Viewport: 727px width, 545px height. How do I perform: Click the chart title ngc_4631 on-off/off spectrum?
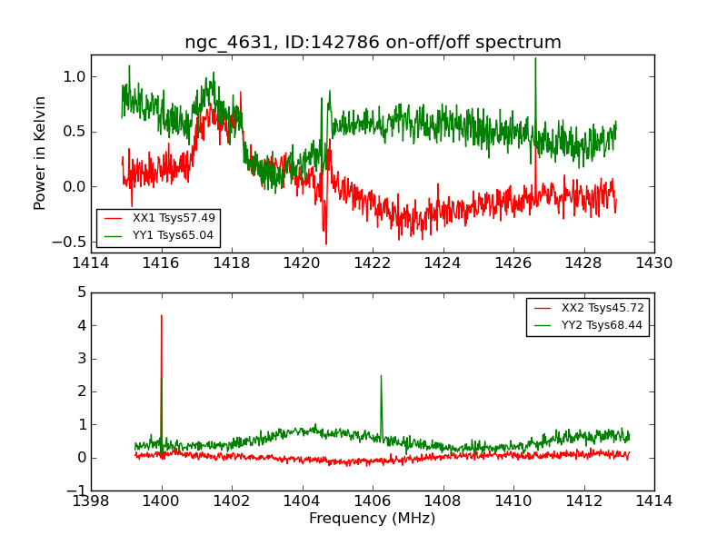click(373, 43)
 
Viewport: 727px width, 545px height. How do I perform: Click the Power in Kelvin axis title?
click(40, 153)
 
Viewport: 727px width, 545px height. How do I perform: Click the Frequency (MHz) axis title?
click(373, 519)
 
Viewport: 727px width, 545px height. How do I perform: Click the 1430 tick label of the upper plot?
click(654, 263)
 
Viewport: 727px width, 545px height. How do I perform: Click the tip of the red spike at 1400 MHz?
click(162, 315)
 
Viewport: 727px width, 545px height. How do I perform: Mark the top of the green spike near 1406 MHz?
click(381, 375)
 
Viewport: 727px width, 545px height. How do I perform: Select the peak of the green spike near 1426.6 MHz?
click(535, 58)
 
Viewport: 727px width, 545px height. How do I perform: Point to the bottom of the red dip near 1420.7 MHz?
click(326, 243)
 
